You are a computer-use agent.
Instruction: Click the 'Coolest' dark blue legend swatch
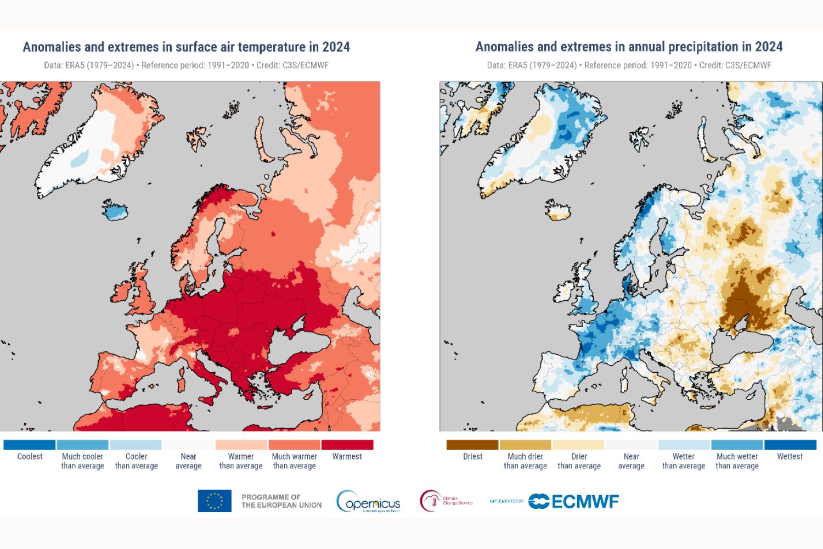(30, 445)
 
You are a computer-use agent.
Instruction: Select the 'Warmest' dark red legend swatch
(347, 445)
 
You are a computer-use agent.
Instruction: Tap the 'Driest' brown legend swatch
(472, 445)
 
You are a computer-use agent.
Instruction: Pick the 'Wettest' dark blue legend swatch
(790, 445)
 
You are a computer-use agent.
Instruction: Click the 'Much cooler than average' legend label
(82, 461)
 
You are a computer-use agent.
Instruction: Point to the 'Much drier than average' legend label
(525, 461)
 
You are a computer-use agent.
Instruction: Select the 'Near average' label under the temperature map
(188, 461)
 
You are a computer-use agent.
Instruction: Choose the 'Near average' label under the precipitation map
(631, 461)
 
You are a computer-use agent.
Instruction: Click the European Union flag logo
(215, 501)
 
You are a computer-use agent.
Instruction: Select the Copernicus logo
(369, 501)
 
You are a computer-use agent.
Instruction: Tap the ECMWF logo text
(585, 501)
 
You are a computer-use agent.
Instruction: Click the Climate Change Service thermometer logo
(431, 501)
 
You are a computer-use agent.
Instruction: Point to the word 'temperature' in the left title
(260, 47)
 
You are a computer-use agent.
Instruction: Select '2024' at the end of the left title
(336, 47)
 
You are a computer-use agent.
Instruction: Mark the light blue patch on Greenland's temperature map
(80, 159)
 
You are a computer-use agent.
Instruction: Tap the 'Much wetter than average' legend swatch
(737, 445)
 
